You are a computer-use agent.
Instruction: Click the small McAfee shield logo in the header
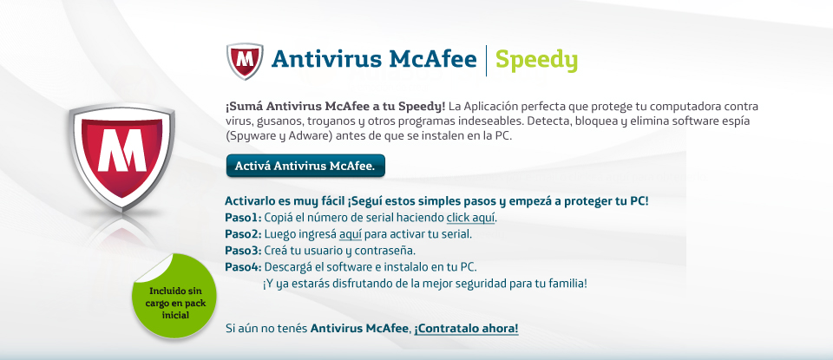point(245,61)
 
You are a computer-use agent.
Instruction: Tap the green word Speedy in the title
point(536,60)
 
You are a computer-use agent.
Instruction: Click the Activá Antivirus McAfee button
point(305,166)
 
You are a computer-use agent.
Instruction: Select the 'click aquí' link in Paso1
point(470,217)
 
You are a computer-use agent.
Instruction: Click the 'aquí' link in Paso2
point(350,234)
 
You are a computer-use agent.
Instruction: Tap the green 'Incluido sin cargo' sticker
point(174,297)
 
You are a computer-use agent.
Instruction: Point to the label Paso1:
point(243,217)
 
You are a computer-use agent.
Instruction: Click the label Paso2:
point(243,233)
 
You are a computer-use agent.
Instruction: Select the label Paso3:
point(243,250)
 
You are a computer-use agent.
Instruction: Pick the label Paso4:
point(243,266)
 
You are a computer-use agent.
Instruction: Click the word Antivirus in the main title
point(326,59)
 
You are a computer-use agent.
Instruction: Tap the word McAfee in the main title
point(433,59)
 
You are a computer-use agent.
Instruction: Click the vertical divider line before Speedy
point(486,61)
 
